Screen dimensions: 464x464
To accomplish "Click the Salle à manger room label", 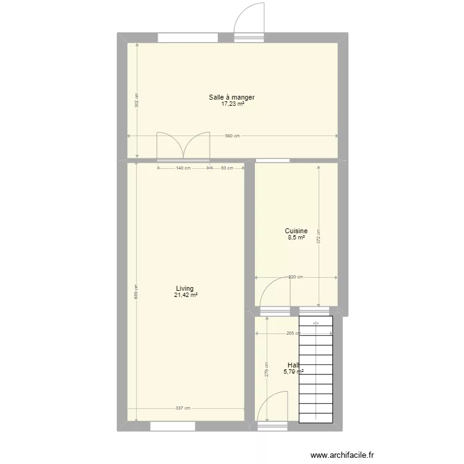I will point(232,98).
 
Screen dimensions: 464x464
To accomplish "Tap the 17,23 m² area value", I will point(232,105).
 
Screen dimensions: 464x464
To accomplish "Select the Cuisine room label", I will point(296,231).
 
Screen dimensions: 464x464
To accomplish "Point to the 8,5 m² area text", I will point(296,238).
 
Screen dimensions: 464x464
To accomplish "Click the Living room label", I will point(185,288).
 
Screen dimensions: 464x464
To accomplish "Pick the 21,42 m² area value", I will point(186,295).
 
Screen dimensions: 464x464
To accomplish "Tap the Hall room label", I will point(293,365).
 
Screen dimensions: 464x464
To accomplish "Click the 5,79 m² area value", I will point(293,372).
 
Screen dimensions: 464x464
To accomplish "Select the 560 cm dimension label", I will point(232,136).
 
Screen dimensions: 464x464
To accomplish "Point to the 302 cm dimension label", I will point(137,100).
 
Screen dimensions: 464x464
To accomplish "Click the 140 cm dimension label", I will point(183,168).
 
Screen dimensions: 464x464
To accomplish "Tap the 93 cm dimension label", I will point(227,168).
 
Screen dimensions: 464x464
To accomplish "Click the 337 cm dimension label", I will point(183,408).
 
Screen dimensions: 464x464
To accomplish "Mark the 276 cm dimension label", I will point(266,370).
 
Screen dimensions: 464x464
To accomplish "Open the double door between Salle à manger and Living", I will point(183,147).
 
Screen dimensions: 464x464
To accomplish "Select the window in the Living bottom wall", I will point(173,426).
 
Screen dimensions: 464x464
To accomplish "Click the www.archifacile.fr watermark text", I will point(342,455).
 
